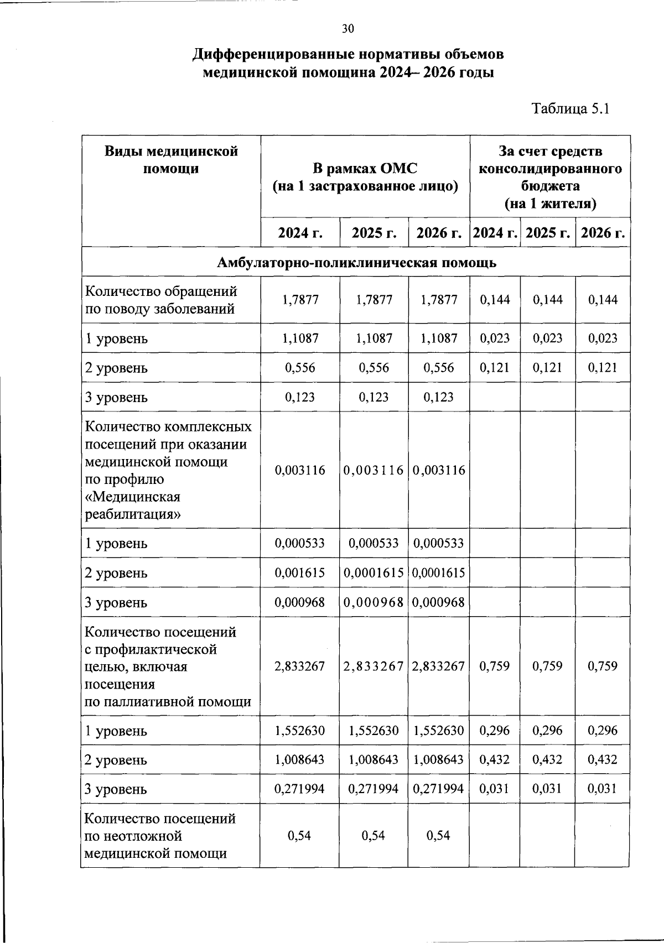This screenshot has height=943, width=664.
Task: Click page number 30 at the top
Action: pos(347,29)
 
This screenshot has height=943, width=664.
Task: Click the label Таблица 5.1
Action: pos(570,108)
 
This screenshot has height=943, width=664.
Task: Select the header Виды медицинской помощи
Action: pos(171,160)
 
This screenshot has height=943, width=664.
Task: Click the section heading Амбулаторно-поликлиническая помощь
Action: pos(356,262)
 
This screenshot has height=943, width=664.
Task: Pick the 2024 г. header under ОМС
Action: pos(300,233)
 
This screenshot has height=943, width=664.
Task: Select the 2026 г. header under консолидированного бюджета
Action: pos(603,233)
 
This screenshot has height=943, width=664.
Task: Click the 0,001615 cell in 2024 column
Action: pos(300,572)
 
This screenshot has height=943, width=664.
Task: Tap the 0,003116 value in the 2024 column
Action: pos(300,470)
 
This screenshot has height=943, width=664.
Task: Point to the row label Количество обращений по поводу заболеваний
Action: pos(160,300)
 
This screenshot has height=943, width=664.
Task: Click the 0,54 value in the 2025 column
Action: pos(373,835)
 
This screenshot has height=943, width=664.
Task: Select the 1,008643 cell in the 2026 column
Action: pos(439,759)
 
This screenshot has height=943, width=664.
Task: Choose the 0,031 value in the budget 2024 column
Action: pos(495,789)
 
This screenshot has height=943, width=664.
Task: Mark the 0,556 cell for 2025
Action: pos(373,368)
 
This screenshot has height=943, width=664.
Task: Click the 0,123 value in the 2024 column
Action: pos(300,397)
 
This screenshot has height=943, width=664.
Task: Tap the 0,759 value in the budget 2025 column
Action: pos(547,666)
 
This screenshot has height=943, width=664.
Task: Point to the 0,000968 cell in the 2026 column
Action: pos(439,602)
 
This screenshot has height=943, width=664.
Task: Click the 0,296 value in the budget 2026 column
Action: pos(603,730)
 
